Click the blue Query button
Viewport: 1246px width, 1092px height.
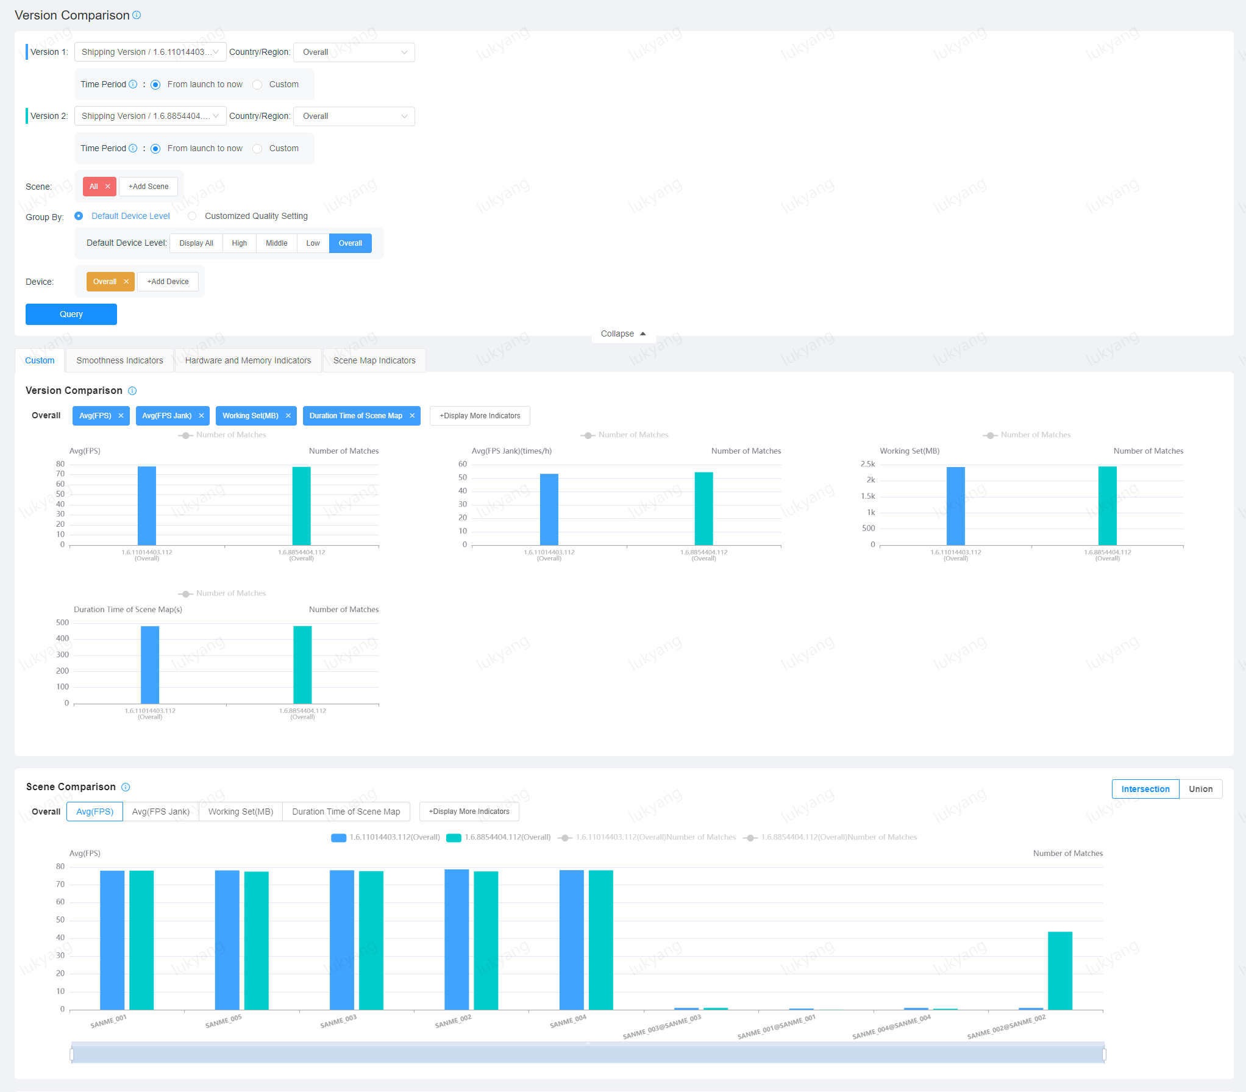(71, 314)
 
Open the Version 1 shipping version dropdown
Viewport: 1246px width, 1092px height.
(150, 52)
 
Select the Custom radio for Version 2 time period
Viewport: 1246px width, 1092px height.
(258, 149)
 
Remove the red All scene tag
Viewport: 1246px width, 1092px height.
(108, 187)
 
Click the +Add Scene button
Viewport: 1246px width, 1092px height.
(148, 187)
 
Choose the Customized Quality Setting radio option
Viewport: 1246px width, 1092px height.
(193, 216)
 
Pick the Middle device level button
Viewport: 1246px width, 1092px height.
(276, 243)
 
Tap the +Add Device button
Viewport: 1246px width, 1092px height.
(168, 282)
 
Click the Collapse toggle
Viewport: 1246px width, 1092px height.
(623, 334)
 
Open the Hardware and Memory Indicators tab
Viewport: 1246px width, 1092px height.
(247, 360)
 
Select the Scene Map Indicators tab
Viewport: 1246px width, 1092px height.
(374, 360)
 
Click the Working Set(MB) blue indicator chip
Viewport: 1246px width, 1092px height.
(250, 416)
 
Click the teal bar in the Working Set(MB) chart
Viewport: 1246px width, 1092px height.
(1107, 505)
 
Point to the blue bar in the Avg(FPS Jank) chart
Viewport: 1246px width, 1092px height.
(549, 509)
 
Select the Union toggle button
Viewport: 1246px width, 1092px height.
(1200, 789)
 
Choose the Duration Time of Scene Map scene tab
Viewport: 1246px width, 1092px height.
(346, 812)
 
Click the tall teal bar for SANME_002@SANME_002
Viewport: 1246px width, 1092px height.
(1059, 970)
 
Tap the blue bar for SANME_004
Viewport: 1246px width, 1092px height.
(571, 939)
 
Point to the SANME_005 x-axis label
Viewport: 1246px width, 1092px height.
(224, 1021)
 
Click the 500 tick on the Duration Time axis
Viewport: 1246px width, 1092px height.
(63, 623)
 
